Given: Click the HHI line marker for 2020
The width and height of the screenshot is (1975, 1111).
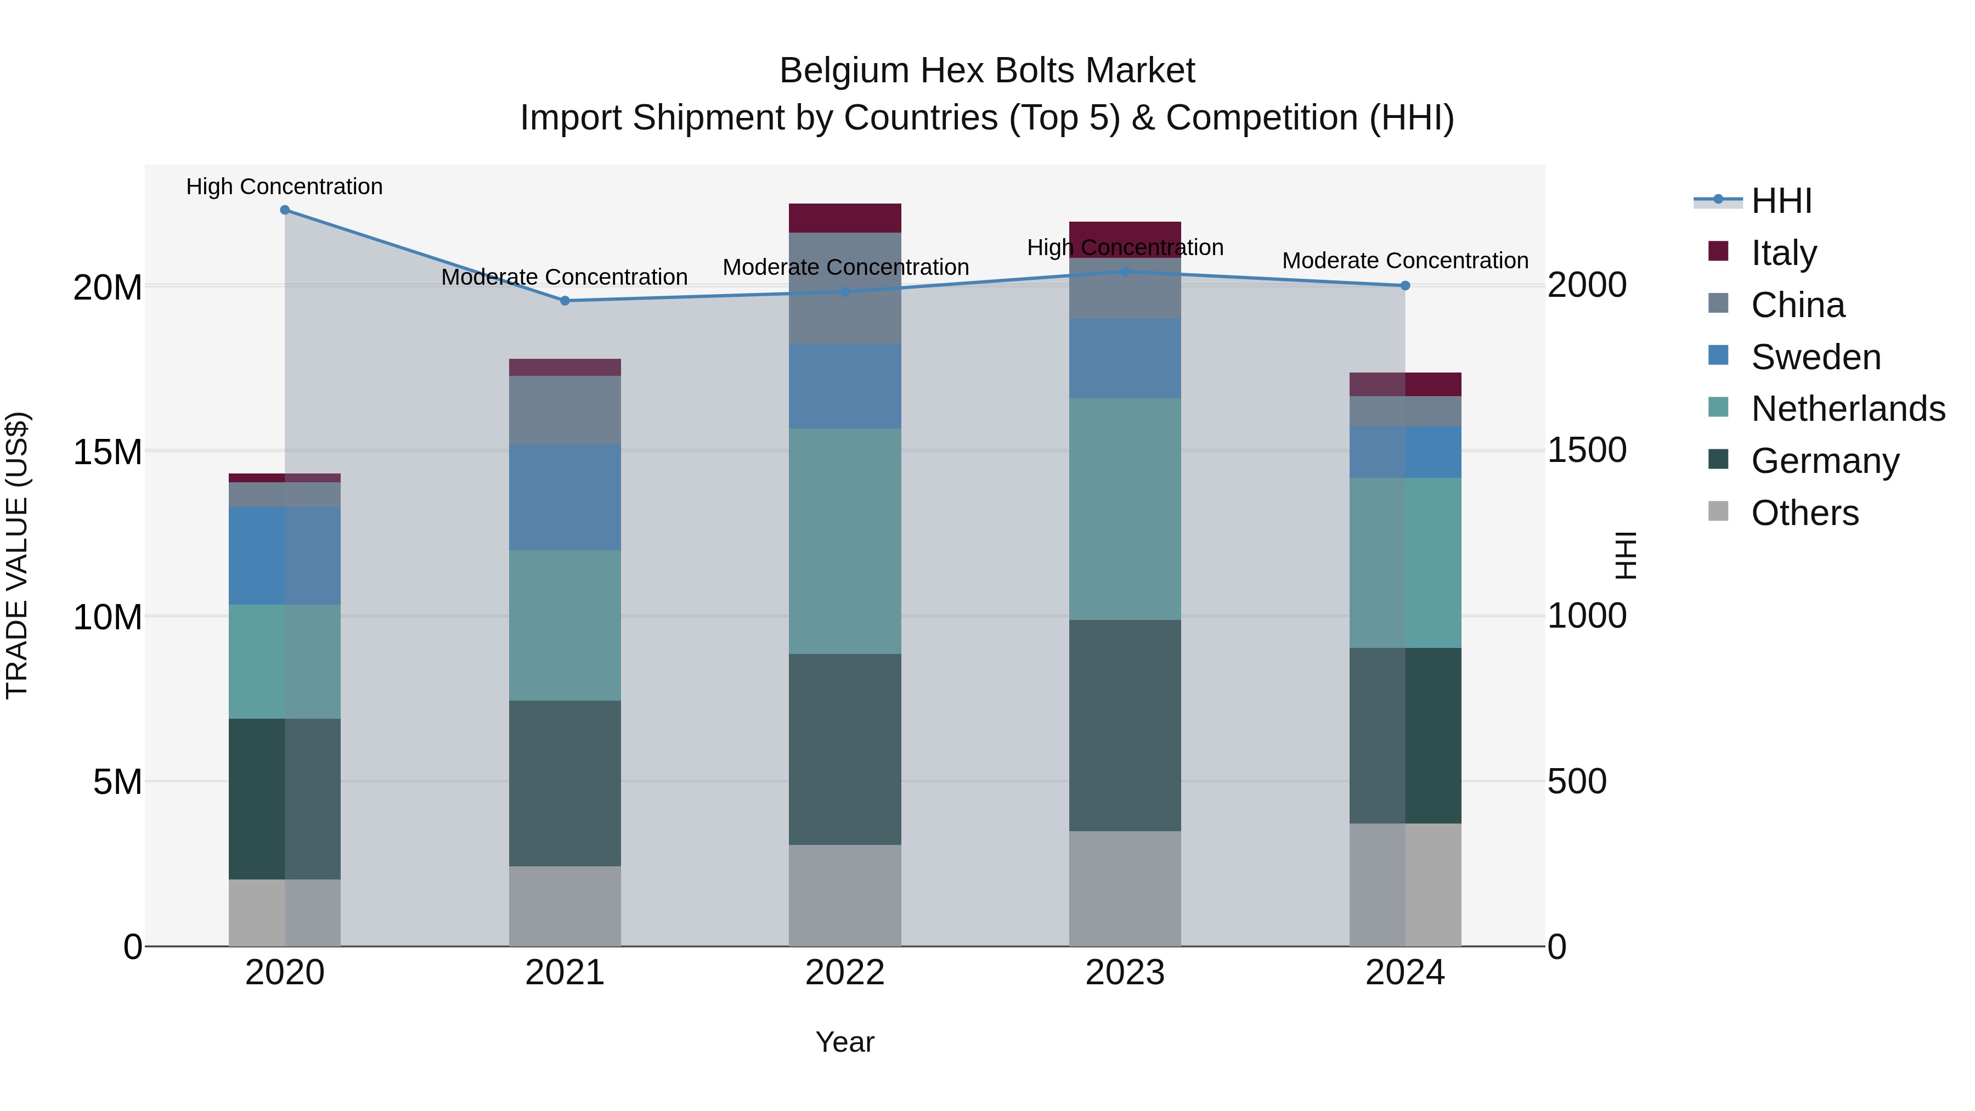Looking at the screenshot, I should pos(284,210).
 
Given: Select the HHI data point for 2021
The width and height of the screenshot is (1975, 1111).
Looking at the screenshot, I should pos(565,301).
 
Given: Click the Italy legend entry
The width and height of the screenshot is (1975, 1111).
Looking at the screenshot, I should pos(1784,253).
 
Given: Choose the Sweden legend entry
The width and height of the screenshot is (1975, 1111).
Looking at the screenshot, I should pos(1815,357).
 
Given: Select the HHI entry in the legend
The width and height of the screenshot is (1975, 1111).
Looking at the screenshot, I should pos(1781,201).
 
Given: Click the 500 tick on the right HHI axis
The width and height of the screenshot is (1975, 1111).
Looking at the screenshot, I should pos(1576,782).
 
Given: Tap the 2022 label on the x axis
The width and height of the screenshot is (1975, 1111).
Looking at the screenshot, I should pos(845,973).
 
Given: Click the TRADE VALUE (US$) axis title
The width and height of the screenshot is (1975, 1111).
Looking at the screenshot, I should pos(17,555).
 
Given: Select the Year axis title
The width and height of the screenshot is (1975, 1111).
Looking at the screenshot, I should pos(845,1042).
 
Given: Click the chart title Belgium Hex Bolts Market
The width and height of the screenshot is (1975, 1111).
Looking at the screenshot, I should pos(987,71).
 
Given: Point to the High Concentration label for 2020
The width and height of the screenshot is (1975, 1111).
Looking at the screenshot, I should pos(284,187).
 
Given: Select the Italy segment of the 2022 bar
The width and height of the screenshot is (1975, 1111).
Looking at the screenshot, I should pos(845,218).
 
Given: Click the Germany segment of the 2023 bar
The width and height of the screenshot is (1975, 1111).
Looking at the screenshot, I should pos(1125,725).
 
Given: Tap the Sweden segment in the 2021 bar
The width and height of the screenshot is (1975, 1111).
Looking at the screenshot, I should pos(565,497).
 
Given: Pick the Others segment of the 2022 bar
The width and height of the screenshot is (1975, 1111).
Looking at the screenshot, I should pos(845,895).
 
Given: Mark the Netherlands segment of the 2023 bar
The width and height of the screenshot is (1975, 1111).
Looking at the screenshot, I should pos(1125,509).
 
